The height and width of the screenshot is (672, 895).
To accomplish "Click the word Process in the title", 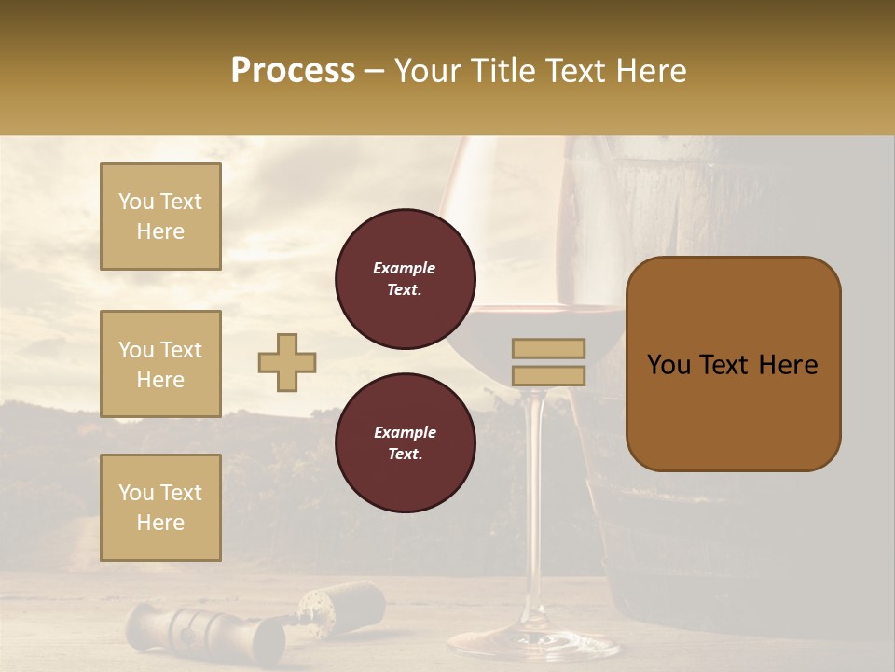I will point(293,71).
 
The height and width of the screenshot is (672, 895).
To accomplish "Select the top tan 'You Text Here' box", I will point(160,217).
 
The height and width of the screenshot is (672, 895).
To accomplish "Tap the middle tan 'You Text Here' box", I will point(160,364).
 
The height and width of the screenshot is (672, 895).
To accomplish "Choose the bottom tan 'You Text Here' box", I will point(160,508).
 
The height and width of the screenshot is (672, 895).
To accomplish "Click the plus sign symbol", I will point(287,362).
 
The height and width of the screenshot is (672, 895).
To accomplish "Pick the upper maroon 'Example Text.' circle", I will point(405,279).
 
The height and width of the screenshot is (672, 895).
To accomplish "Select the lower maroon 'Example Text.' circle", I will point(405,443).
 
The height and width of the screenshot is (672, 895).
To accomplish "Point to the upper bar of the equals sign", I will point(548,348).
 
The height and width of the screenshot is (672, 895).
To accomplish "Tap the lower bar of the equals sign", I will point(548,375).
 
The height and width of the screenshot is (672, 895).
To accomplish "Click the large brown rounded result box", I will point(733,364).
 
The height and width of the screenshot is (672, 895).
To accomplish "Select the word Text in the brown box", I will point(728,364).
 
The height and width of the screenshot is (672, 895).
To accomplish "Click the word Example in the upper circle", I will point(405,268).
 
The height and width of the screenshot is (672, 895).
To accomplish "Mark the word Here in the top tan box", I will point(160,231).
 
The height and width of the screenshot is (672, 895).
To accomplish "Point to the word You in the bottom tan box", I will point(135,493).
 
